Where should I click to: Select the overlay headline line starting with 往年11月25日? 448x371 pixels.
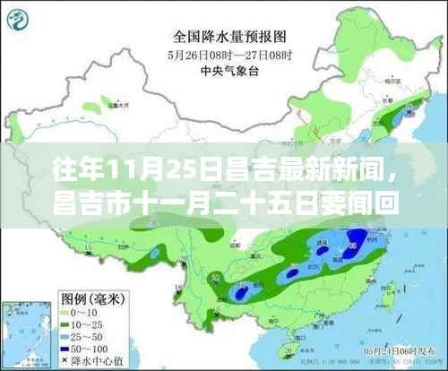pos(224,167)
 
